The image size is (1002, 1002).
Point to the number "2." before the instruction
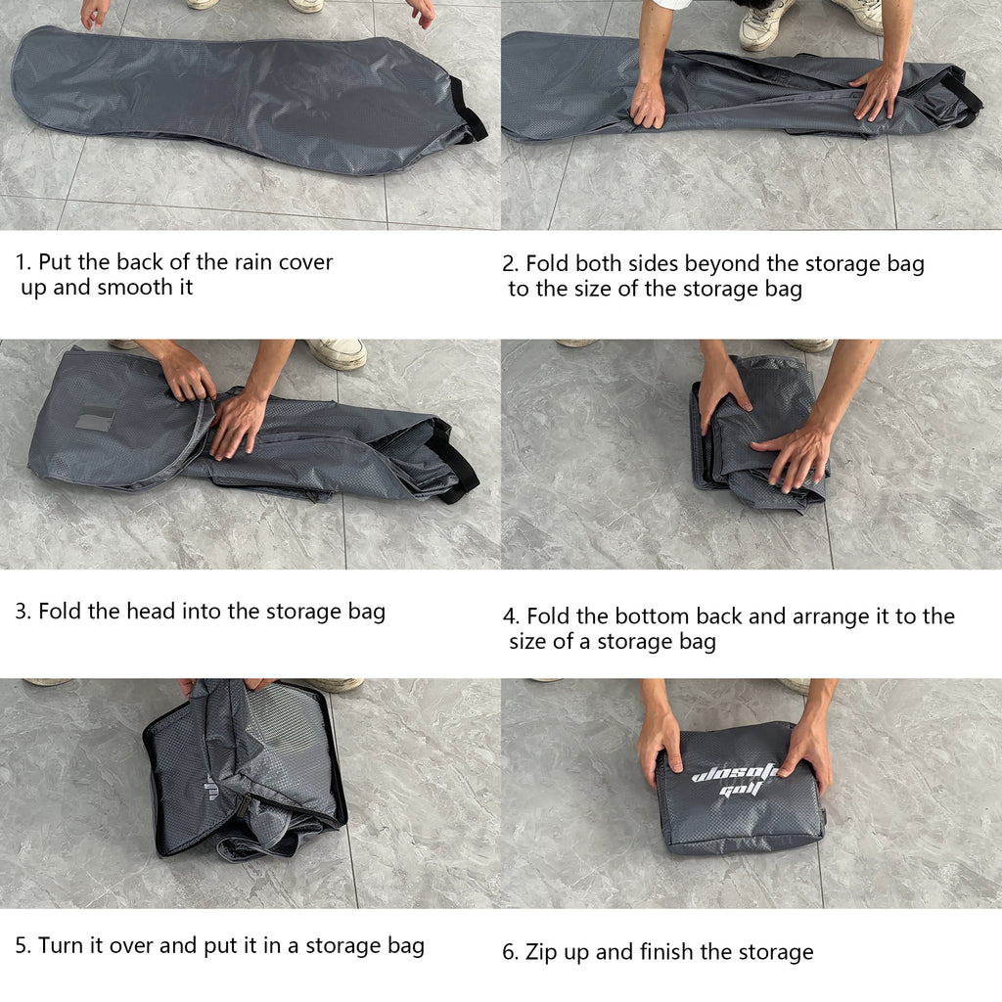(x=511, y=263)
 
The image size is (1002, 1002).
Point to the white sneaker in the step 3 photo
(x=335, y=353)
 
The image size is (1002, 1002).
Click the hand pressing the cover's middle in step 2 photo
(x=648, y=104)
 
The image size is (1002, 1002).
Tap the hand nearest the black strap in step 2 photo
(x=877, y=91)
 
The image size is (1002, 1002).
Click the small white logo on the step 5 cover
(x=212, y=786)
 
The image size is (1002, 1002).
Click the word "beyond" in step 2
(x=722, y=263)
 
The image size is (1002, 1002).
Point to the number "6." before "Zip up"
(x=511, y=952)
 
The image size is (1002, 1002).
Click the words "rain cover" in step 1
(x=284, y=262)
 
